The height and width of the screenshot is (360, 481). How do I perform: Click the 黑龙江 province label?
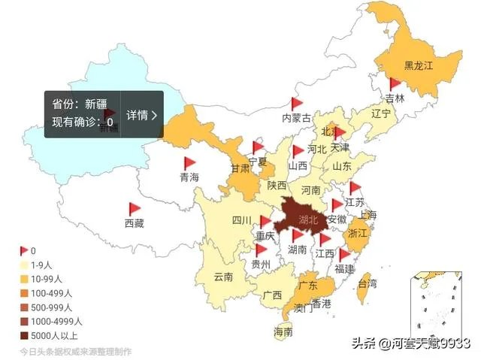click(x=419, y=66)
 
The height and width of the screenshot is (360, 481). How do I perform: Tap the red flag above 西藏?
click(x=134, y=208)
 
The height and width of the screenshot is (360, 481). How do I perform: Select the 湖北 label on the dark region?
click(x=308, y=220)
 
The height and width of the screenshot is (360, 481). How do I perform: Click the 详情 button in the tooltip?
click(x=141, y=115)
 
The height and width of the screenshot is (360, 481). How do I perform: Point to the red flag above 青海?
click(x=189, y=162)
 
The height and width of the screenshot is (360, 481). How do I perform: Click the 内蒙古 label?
click(x=296, y=118)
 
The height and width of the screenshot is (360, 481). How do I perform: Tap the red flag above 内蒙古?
click(x=296, y=103)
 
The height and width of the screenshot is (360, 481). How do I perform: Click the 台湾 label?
click(x=367, y=284)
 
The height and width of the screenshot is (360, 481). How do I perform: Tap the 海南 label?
click(x=283, y=331)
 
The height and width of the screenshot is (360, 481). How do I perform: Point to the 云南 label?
click(x=223, y=277)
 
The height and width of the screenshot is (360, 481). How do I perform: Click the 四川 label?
click(x=241, y=220)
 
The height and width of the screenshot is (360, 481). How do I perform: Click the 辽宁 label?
click(x=381, y=114)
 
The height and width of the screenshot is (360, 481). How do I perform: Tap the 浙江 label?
click(x=358, y=234)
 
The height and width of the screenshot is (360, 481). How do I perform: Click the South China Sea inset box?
click(x=437, y=306)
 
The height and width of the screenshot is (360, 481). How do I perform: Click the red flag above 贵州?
click(x=261, y=250)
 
